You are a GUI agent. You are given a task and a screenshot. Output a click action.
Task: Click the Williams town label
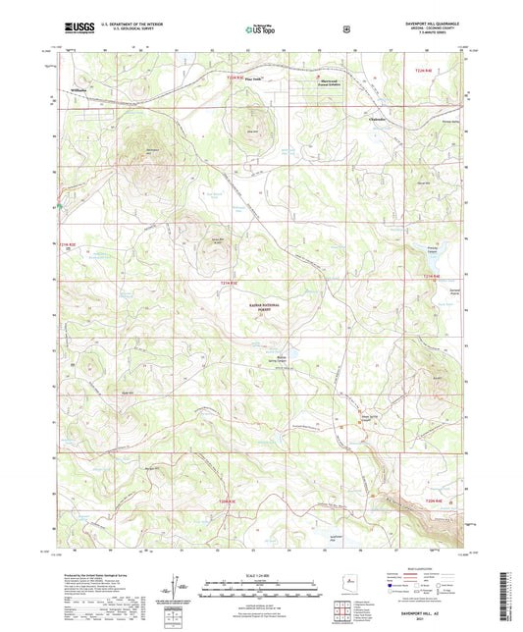80,88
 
